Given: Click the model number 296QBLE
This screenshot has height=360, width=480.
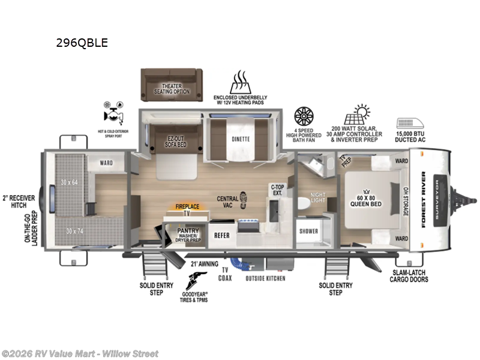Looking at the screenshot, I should pos(82,43).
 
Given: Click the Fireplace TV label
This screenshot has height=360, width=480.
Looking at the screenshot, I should pos(186,209).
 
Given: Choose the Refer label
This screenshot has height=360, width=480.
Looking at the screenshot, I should pos(222,236).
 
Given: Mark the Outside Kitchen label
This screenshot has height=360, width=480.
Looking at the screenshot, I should pos(265,278).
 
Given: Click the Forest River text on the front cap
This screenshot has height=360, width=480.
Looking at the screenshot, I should pos(423,200).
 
